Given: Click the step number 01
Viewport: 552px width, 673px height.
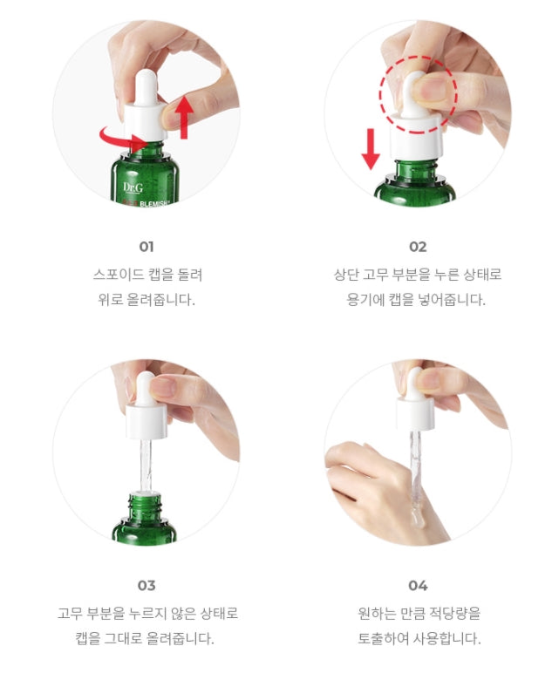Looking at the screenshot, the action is (x=147, y=247).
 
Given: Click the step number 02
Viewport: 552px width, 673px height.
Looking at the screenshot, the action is (x=418, y=247).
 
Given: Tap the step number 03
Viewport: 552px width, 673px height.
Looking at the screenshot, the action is (x=147, y=586).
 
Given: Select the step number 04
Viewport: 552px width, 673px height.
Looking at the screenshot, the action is (x=418, y=586).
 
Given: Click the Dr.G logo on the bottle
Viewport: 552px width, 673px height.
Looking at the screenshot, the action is (x=133, y=187).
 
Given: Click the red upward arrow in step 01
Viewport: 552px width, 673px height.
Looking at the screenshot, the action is (x=184, y=117).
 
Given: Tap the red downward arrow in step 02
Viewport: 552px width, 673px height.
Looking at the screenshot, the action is (x=371, y=148).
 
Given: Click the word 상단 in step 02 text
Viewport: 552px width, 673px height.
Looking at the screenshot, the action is (x=346, y=275).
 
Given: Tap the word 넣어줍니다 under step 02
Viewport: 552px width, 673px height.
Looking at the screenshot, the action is (x=452, y=299).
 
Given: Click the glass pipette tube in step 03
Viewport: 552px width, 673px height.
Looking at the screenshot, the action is (x=146, y=465).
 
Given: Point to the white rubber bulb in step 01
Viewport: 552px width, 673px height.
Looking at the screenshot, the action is (x=146, y=86).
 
